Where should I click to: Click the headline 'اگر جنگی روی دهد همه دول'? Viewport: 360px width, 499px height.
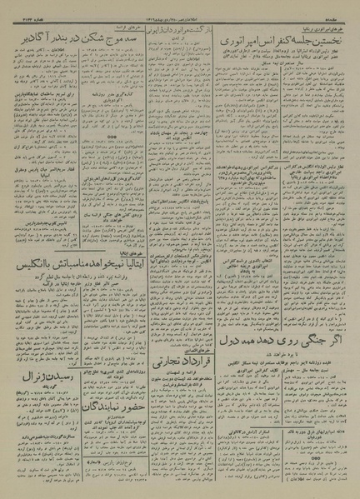pyautogui.click(x=275, y=340)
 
